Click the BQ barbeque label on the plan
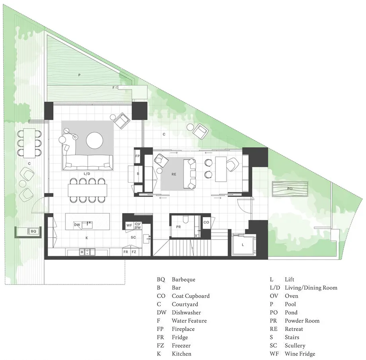point(33,231)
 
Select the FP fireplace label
point(138,156)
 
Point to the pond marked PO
point(290,189)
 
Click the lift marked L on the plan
point(243,245)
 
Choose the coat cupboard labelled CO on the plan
point(206,222)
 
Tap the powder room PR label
point(178,227)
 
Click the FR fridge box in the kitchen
point(126,252)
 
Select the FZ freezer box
point(134,252)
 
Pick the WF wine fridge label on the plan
point(129,225)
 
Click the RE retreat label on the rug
point(174,174)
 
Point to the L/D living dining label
point(87,174)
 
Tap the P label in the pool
point(79,75)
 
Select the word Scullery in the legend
point(295,345)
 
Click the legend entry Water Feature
point(189,321)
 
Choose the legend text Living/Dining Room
point(311,288)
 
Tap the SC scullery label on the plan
point(133,237)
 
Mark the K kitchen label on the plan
point(87,237)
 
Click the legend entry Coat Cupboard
point(191,296)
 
